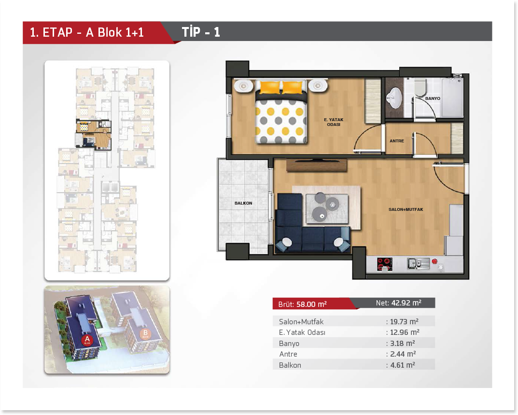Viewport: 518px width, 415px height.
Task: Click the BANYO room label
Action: point(433,98)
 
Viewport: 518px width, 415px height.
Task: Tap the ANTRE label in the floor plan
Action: point(397,141)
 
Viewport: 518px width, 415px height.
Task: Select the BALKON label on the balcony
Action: point(243,203)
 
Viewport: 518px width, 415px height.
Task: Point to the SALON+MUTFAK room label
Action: point(406,209)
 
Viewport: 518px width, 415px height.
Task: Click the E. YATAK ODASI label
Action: point(334,122)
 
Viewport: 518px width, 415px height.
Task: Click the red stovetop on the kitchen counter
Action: point(385,264)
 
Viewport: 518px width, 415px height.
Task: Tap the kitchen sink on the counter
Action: point(418,263)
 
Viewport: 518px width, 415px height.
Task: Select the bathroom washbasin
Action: point(394,98)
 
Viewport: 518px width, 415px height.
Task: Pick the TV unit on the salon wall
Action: point(317,165)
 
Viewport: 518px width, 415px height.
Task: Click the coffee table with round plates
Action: point(327,208)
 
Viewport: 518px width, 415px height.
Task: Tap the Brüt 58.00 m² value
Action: point(311,304)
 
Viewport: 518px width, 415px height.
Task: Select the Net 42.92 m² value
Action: point(406,303)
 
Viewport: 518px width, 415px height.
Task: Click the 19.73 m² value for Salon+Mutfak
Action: point(405,321)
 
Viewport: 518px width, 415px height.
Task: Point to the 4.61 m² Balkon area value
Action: point(402,365)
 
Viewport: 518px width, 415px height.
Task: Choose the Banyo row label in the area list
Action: point(289,344)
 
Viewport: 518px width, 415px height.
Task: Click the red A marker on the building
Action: point(87,340)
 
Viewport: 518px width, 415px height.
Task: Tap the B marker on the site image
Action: point(145,334)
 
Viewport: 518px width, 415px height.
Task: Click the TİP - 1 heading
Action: point(201,32)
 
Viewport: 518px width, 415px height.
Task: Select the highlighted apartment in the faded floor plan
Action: point(94,134)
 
